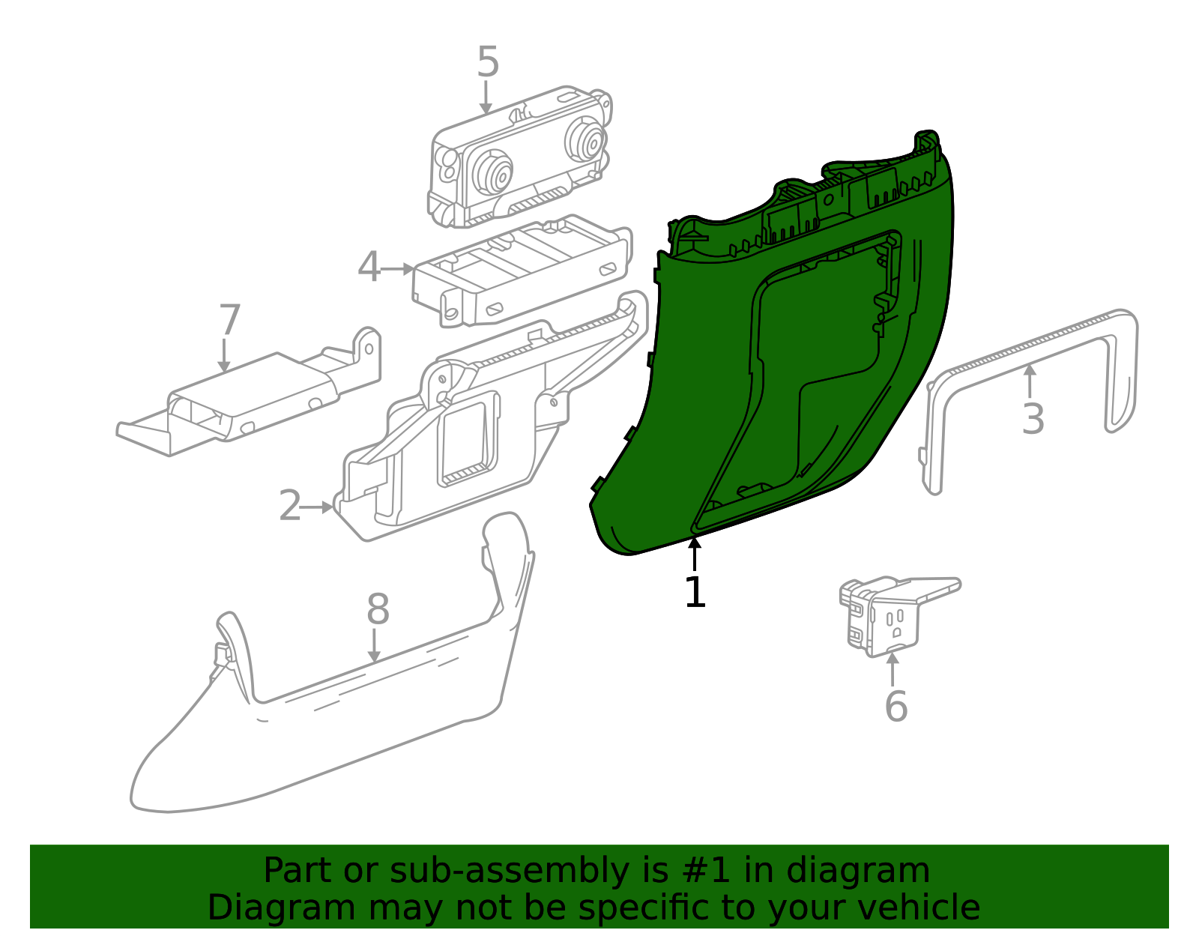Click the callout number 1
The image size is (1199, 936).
(x=695, y=592)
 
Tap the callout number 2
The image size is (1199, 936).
(x=290, y=507)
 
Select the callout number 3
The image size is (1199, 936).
(x=1033, y=419)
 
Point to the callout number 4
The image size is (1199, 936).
(x=369, y=268)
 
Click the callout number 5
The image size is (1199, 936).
(x=488, y=62)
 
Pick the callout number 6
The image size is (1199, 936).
(x=896, y=706)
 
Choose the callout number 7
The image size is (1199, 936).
(x=229, y=321)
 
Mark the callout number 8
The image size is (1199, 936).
(x=378, y=609)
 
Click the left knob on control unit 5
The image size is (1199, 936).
(x=495, y=174)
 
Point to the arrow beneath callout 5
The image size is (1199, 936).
(x=486, y=98)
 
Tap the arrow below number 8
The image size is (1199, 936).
(x=374, y=646)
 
